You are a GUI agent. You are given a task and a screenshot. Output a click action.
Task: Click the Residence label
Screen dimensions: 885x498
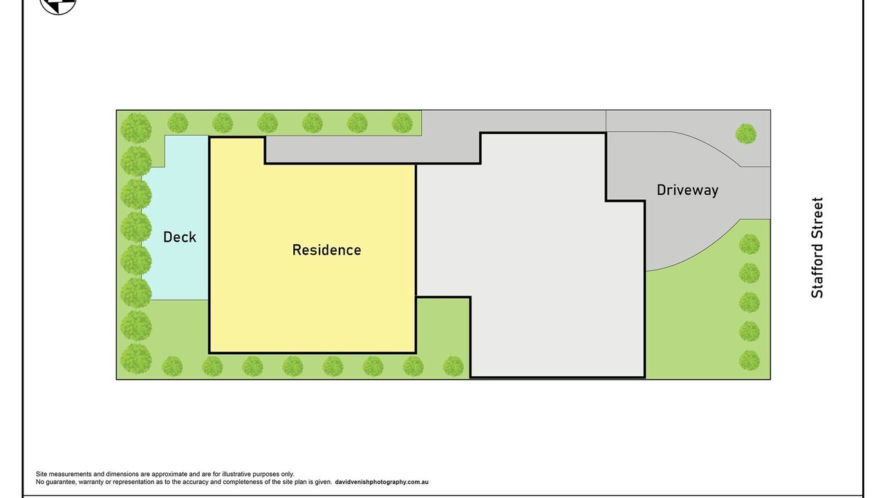point(327,250)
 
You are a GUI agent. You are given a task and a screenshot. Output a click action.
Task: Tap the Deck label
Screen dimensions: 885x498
point(180,237)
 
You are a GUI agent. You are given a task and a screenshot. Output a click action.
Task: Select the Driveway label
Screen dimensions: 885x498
point(687,190)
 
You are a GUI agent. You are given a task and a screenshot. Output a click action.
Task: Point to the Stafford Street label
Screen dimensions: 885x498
point(817,248)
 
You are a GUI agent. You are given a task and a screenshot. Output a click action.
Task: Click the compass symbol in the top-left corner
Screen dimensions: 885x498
point(58,5)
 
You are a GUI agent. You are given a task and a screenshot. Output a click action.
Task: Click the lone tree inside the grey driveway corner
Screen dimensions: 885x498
point(746,134)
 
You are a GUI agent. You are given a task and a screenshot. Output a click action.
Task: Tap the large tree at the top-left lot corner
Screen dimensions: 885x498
point(136,128)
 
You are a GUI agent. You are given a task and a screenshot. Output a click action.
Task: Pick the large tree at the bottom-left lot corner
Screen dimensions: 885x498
point(136,358)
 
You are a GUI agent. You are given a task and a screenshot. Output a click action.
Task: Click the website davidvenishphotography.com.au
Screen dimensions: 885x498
point(382,482)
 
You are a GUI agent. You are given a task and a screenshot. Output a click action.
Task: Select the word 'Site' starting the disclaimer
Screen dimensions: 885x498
point(41,474)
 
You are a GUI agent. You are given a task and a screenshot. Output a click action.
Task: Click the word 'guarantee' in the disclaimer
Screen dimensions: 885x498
point(61,482)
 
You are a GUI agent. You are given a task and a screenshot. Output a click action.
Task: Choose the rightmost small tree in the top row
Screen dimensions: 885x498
point(402,122)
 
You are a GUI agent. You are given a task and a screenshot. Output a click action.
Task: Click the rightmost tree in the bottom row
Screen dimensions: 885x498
point(453,366)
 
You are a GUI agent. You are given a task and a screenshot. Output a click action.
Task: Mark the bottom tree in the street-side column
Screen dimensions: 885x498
point(749,360)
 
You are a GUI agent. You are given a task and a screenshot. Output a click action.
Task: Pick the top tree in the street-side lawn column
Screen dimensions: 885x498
point(749,244)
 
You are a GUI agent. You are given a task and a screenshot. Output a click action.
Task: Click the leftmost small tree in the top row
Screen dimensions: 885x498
point(178,122)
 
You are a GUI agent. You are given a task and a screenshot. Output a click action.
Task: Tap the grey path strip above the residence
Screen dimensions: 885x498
point(371,149)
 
